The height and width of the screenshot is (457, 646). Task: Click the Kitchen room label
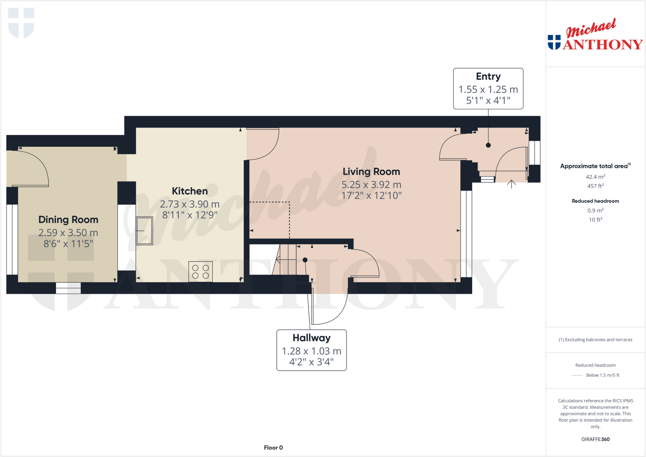point(190,191)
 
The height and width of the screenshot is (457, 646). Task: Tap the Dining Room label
point(68,220)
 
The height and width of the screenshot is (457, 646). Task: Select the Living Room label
point(371,172)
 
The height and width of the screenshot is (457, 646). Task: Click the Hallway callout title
point(311,338)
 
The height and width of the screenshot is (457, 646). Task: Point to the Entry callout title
point(488,77)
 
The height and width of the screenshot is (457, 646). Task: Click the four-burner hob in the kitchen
point(200,272)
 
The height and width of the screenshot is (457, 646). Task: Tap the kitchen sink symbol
point(144,231)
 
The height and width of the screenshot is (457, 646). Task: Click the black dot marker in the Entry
point(488,145)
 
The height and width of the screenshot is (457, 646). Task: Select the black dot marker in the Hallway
point(305,260)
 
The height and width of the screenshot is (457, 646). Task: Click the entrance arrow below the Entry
point(511,184)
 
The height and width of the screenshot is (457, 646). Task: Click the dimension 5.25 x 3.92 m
point(371,185)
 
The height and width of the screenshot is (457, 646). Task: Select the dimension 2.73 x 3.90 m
point(190,204)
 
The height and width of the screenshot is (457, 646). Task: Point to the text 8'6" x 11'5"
point(68,244)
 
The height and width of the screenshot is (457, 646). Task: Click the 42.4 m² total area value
point(595,177)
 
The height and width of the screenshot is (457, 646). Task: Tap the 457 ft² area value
point(595,186)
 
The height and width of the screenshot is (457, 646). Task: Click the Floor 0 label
point(273,448)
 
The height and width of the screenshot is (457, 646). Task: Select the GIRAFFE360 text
point(595,439)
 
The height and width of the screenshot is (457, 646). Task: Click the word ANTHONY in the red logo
point(602,45)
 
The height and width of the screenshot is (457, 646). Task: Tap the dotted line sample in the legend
point(577,375)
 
